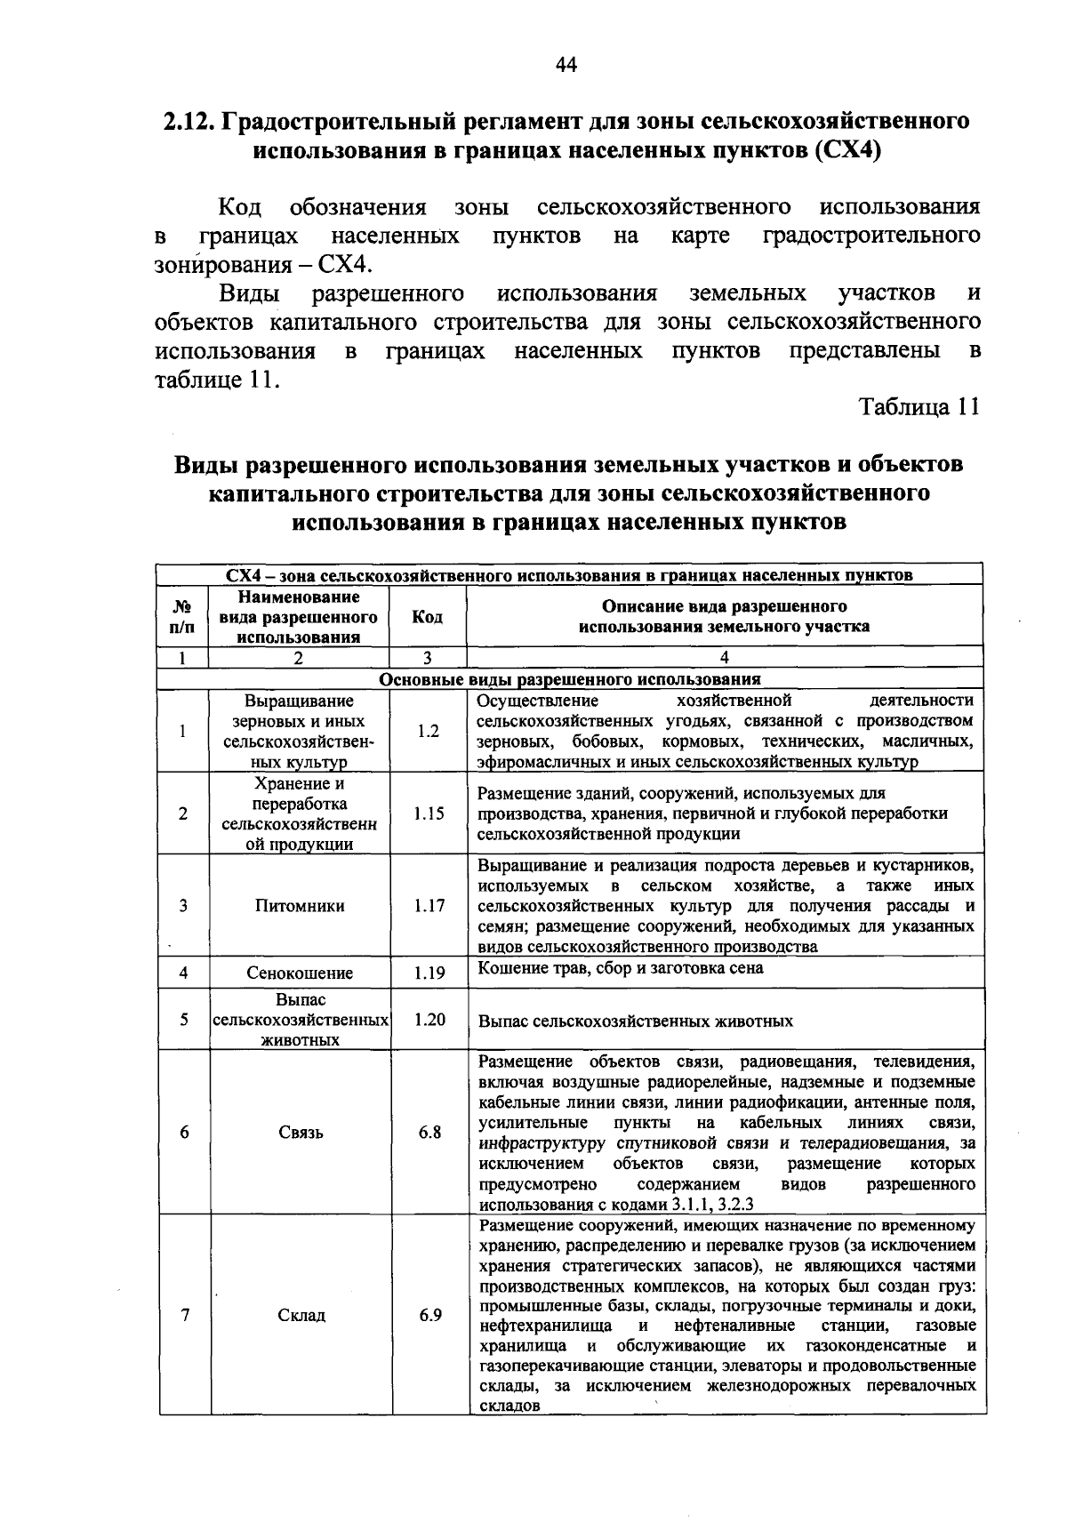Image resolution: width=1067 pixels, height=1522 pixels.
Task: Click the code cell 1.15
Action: (429, 813)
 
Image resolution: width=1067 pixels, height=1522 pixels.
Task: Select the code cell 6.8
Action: (430, 1133)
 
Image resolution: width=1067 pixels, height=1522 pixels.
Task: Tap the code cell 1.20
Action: (429, 1020)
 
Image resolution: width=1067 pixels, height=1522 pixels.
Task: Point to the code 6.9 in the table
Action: (430, 1315)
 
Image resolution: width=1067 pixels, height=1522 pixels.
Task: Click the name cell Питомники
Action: (300, 906)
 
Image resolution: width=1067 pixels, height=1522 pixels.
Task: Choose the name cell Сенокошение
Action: (300, 973)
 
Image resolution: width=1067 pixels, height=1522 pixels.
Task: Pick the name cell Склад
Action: (300, 1315)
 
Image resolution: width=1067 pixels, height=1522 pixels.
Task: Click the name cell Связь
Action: (300, 1133)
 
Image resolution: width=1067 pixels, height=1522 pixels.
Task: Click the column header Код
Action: (428, 617)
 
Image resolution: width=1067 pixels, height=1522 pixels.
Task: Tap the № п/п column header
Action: (182, 617)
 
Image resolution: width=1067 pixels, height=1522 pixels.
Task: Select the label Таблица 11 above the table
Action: (919, 407)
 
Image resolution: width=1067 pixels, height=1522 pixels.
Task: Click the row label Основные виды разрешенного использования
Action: (570, 679)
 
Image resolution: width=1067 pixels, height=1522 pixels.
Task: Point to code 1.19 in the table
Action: (429, 973)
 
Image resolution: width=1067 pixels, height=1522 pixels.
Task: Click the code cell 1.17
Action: (429, 906)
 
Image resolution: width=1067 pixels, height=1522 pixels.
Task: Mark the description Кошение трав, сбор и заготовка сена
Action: (620, 967)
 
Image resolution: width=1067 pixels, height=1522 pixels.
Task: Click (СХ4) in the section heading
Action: (846, 149)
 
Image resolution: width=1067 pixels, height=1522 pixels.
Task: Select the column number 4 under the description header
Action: (725, 658)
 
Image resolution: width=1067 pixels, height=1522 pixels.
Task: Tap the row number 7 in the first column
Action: (184, 1315)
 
